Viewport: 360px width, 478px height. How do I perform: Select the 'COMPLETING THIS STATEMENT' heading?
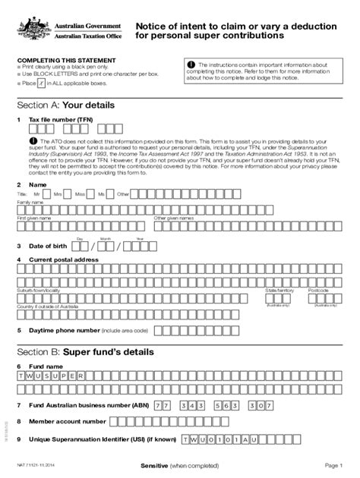pyautogui.click(x=66, y=60)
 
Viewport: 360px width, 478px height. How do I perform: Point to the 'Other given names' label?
pyautogui.click(x=174, y=219)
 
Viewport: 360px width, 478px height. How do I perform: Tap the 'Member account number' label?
pyautogui.click(x=67, y=421)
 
